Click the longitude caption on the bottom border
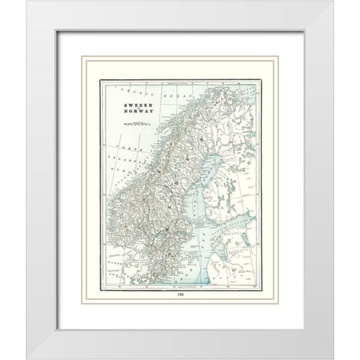pos(180,286)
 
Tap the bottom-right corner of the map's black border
pos(261,288)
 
